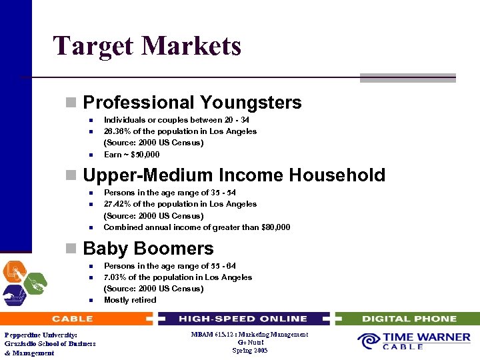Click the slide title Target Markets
(147, 46)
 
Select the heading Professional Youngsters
(192, 103)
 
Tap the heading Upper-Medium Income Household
(234, 175)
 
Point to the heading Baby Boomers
(148, 249)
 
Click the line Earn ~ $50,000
(131, 155)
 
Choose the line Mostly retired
(130, 300)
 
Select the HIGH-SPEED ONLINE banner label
(243, 319)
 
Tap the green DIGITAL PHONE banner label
(409, 319)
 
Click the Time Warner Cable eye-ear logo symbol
(369, 341)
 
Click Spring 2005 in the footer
(250, 351)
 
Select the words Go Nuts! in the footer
(250, 343)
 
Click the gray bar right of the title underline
(407, 78)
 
